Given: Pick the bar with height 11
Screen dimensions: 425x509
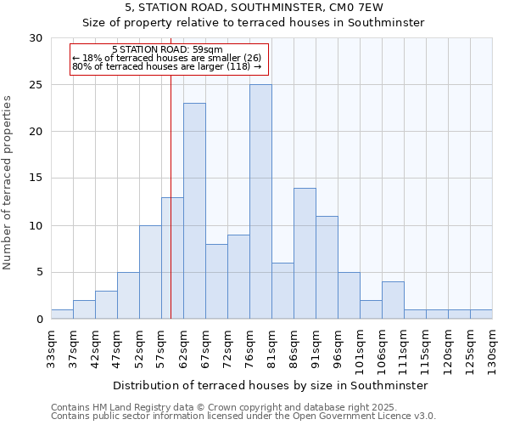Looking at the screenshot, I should point(327,268).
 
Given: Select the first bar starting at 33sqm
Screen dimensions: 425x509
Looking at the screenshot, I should point(62,314).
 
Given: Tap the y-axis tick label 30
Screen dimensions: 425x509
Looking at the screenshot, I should point(36,38).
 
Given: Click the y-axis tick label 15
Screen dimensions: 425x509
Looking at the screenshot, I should point(36,178).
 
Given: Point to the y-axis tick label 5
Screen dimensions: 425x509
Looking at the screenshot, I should point(39,273).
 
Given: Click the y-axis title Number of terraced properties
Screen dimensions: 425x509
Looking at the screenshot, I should point(8,182).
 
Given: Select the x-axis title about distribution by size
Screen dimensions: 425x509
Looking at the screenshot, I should point(271,385).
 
